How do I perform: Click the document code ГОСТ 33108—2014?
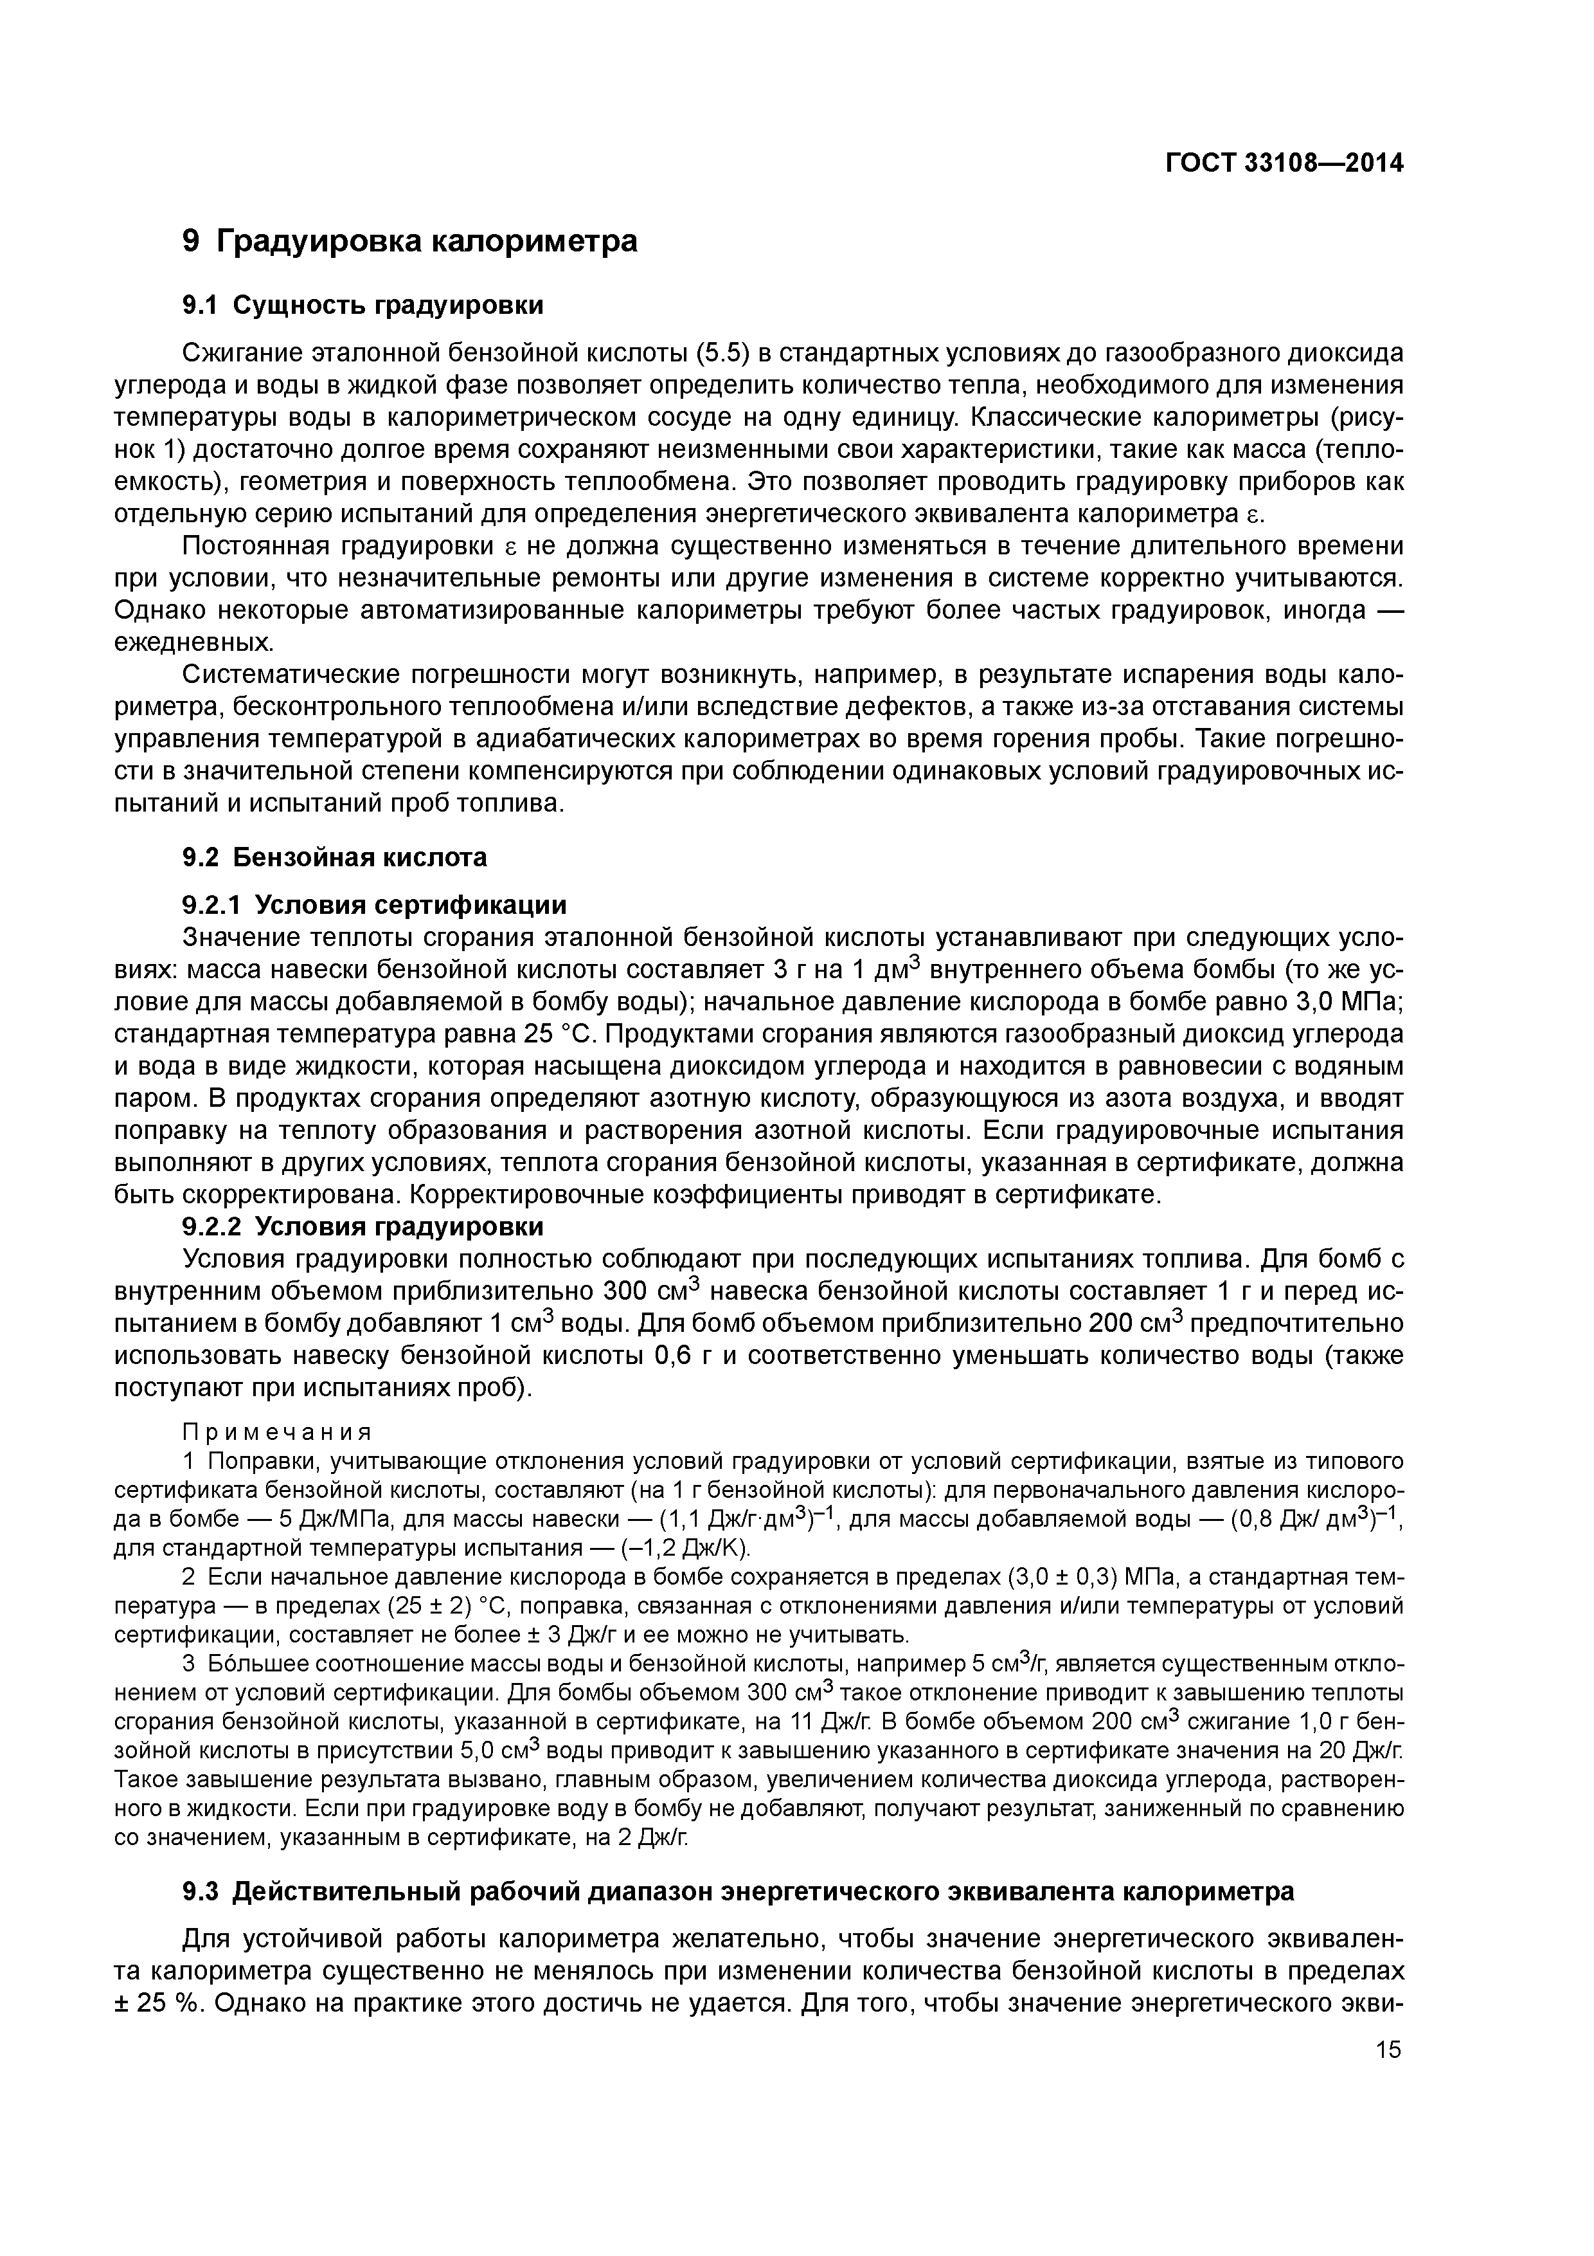point(1284,163)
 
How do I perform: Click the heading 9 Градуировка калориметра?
point(409,241)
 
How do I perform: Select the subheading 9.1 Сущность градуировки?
point(363,305)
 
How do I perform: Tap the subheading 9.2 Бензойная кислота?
point(334,857)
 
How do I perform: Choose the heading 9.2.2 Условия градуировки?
point(363,1226)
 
